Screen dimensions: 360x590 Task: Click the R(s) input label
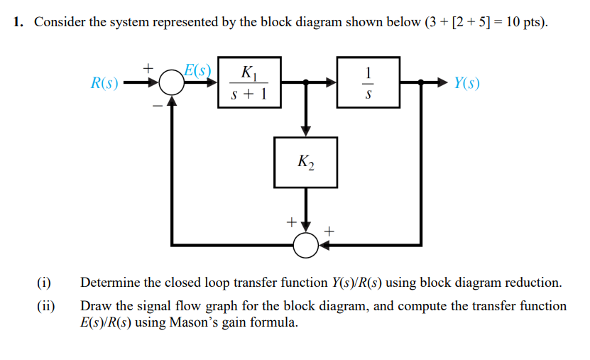(x=104, y=84)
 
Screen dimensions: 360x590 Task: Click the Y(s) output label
(x=466, y=84)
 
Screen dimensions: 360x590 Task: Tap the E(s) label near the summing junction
(x=197, y=70)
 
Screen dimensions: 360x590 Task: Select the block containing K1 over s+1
(x=249, y=82)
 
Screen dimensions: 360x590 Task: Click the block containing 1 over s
(x=367, y=82)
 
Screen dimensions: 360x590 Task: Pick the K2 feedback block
(x=306, y=163)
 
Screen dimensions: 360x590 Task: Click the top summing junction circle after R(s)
(x=170, y=84)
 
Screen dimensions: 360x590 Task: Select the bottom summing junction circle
(x=306, y=244)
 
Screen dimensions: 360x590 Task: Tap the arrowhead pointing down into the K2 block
(x=306, y=131)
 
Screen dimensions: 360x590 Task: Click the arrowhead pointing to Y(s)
(x=441, y=84)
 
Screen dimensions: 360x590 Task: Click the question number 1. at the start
(x=19, y=22)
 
